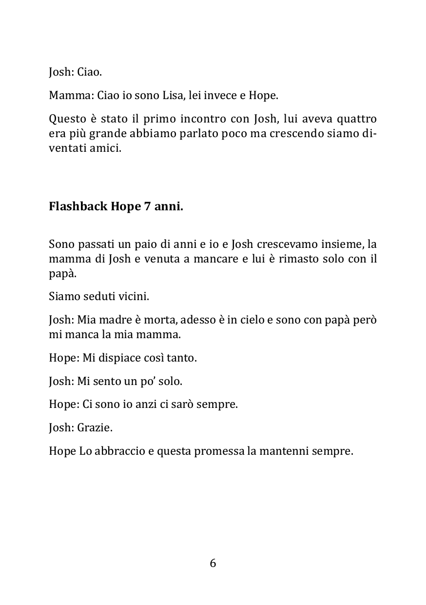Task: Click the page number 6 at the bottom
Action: tap(213, 563)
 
